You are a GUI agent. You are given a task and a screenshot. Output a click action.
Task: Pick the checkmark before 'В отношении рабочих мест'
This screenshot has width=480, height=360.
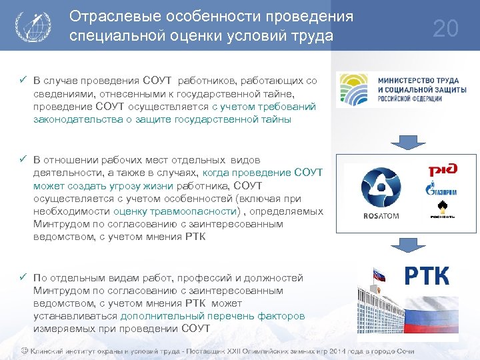tap(23, 160)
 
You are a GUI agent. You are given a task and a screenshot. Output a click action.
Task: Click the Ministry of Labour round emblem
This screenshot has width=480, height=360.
tap(353, 90)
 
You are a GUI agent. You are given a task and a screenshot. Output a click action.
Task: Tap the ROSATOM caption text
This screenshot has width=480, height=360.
tap(381, 216)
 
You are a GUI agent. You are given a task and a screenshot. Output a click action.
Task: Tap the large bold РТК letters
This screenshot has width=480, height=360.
tap(427, 275)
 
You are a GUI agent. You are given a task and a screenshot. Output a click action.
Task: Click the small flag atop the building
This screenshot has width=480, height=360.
tap(381, 273)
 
